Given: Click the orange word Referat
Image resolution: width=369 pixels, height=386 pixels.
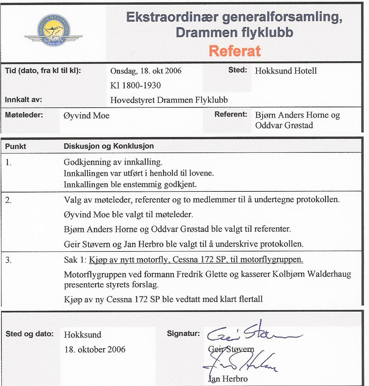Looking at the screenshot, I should click(x=235, y=51).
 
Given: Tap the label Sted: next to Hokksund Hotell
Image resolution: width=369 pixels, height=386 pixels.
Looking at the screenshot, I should click(x=238, y=70).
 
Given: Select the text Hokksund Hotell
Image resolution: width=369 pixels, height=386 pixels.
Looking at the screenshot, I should click(x=286, y=71).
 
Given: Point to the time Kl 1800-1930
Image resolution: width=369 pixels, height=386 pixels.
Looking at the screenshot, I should click(x=135, y=85).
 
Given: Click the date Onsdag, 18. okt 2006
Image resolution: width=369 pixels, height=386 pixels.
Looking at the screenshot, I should click(x=146, y=71).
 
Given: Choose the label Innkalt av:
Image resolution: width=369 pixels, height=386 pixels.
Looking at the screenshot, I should click(x=24, y=100).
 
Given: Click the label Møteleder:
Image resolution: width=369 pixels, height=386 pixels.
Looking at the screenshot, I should click(x=24, y=115).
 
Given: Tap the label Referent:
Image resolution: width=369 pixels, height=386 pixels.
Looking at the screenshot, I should click(x=231, y=115).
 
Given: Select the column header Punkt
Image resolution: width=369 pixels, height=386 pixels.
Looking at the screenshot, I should click(x=16, y=146).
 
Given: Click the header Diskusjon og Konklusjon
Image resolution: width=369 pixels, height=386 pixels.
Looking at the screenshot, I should click(x=109, y=146).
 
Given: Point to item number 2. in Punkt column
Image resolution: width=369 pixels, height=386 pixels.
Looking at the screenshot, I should click(x=9, y=200).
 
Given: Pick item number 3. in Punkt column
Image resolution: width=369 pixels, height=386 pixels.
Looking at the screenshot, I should click(x=9, y=260).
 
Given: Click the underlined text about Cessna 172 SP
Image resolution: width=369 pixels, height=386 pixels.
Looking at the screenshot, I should click(x=196, y=260).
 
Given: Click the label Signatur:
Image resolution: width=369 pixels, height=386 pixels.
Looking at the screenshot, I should click(x=183, y=334).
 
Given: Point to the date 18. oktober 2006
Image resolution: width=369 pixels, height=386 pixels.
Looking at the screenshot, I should click(x=95, y=350).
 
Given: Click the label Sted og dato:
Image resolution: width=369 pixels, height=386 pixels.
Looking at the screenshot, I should click(x=29, y=334).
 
